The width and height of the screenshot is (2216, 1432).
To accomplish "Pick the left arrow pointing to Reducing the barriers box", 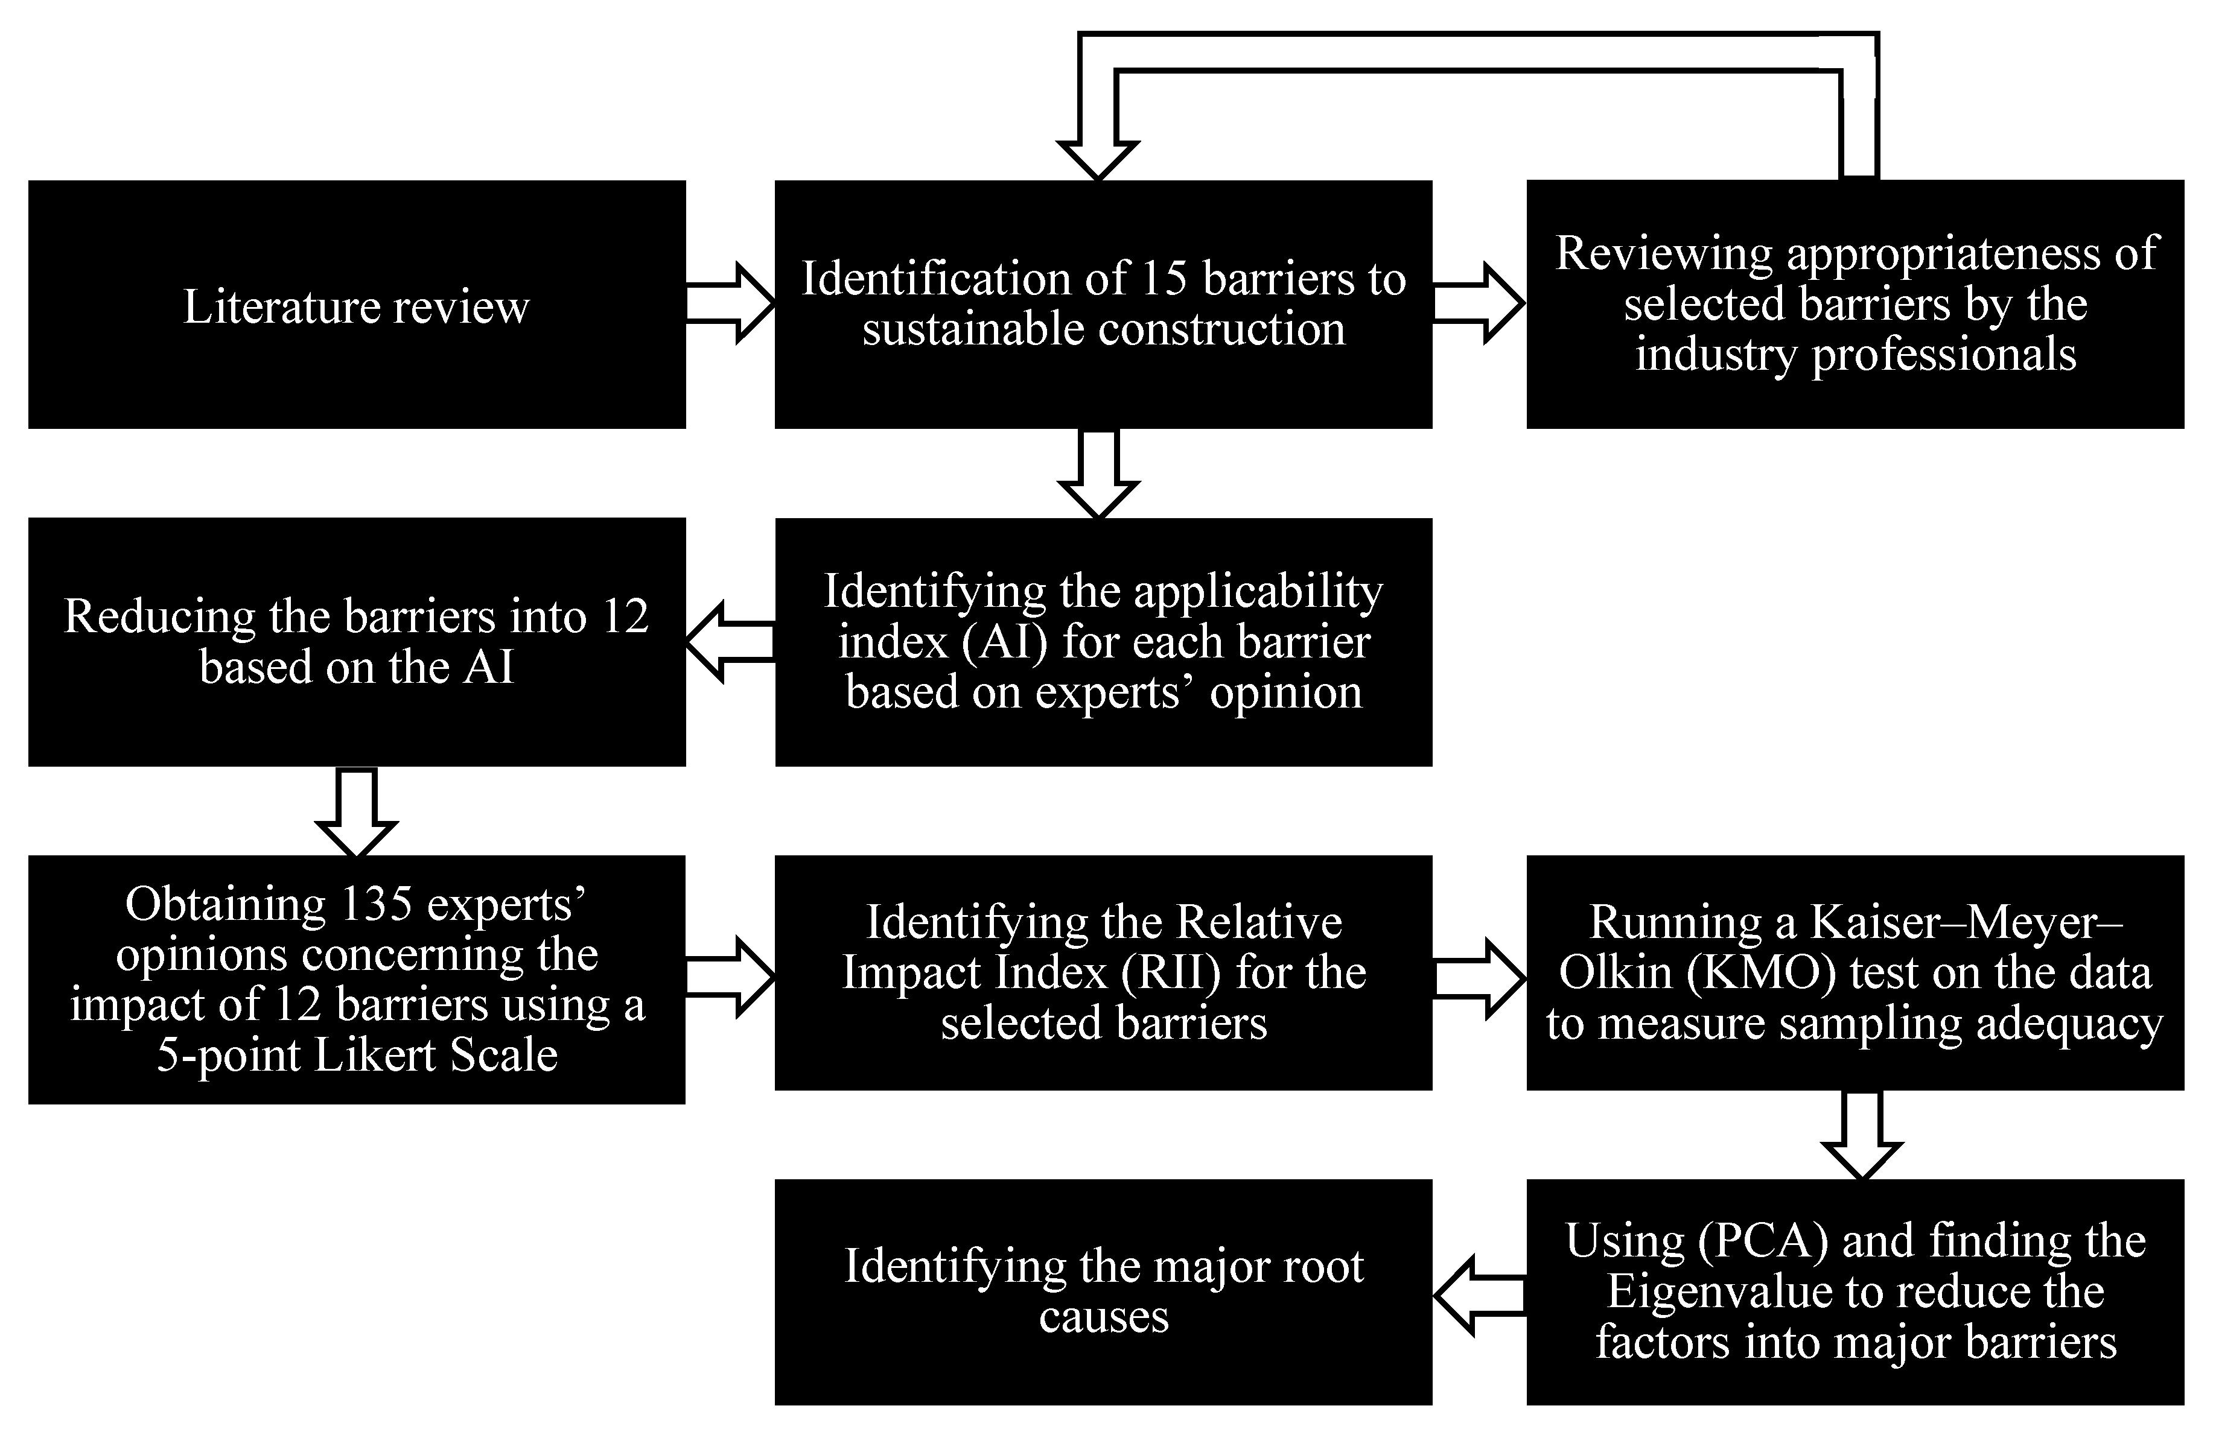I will [x=730, y=642].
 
